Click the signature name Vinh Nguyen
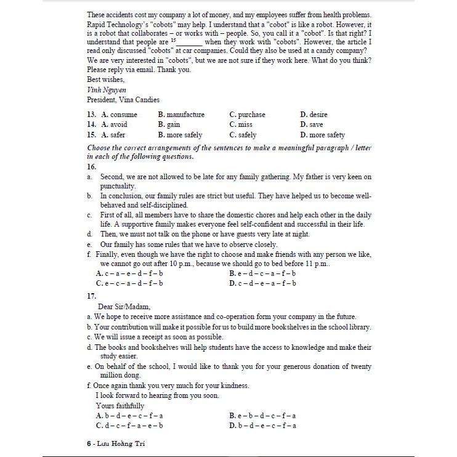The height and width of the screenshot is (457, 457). coord(107,89)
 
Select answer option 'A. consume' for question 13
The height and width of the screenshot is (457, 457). coord(119,115)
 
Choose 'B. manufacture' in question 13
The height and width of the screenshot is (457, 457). coord(181,115)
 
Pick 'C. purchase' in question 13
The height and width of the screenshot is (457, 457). coord(247,115)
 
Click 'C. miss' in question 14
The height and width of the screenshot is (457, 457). coord(241,124)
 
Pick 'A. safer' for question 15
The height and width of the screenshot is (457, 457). coord(114,135)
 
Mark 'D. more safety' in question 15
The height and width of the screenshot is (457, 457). coord(322,135)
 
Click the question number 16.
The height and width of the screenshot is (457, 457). coord(92,166)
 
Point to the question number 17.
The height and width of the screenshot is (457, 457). coord(92,296)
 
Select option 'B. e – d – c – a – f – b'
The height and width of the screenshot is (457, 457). coord(262,273)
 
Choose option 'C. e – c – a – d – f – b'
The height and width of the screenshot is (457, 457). coord(129,283)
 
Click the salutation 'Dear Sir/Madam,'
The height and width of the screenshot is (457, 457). coord(124,306)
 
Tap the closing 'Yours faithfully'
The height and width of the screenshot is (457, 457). coord(120,406)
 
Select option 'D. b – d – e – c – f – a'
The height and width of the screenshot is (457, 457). coord(262,426)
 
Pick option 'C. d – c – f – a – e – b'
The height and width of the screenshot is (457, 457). coord(129,426)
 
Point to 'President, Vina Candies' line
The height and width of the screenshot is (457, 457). coord(123,99)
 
